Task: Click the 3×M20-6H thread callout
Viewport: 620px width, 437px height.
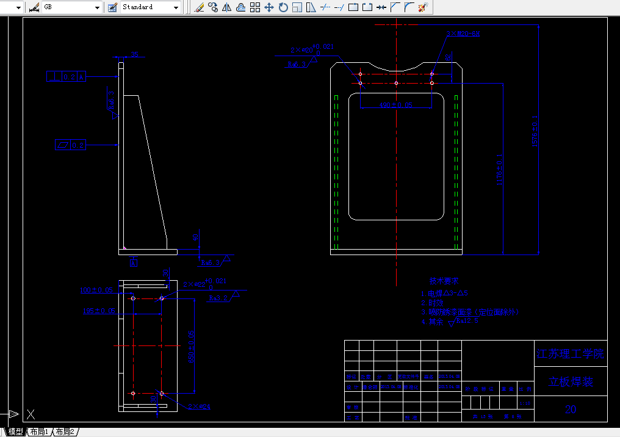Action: coord(463,34)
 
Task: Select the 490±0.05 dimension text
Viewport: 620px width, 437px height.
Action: coord(396,105)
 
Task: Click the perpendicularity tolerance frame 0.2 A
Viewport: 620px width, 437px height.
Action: coord(67,76)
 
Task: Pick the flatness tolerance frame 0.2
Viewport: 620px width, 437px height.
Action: coord(70,145)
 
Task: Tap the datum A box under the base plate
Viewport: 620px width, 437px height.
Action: coord(134,262)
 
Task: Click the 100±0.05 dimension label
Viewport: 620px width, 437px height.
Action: coord(96,290)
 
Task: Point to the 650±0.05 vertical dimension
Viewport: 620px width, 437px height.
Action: coord(191,347)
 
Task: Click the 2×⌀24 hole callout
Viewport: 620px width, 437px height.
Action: coord(199,406)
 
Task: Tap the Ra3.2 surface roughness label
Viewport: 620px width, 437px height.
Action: coord(218,298)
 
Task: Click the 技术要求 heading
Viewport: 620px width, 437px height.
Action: coord(444,281)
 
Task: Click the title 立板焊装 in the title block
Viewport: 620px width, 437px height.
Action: coord(570,382)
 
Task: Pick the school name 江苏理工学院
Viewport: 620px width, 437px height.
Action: coord(570,353)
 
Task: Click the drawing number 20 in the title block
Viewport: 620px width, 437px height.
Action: coord(570,410)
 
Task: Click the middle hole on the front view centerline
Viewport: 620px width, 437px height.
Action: coord(396,83)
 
